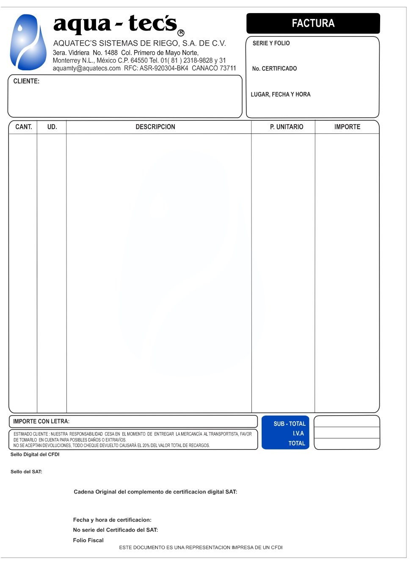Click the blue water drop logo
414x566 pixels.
(28, 42)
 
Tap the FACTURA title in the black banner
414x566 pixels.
(313, 23)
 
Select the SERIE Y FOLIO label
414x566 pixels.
(271, 43)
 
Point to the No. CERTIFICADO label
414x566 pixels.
(274, 69)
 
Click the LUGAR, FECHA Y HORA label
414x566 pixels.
(280, 94)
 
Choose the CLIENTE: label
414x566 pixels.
(26, 81)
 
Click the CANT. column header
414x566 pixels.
(24, 127)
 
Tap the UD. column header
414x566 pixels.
(52, 127)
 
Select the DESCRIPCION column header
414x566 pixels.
(155, 127)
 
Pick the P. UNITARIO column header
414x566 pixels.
(287, 127)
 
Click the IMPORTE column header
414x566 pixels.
(347, 127)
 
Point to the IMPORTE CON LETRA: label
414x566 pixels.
(41, 422)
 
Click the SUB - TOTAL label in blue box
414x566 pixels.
(290, 424)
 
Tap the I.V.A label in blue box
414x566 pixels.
(298, 433)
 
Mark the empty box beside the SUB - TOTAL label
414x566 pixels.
(347, 422)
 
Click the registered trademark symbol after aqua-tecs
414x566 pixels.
(181, 33)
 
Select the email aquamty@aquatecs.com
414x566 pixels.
(86, 68)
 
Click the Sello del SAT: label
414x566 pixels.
(26, 472)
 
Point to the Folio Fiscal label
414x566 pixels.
(88, 541)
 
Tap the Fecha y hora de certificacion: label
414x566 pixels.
(112, 520)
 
